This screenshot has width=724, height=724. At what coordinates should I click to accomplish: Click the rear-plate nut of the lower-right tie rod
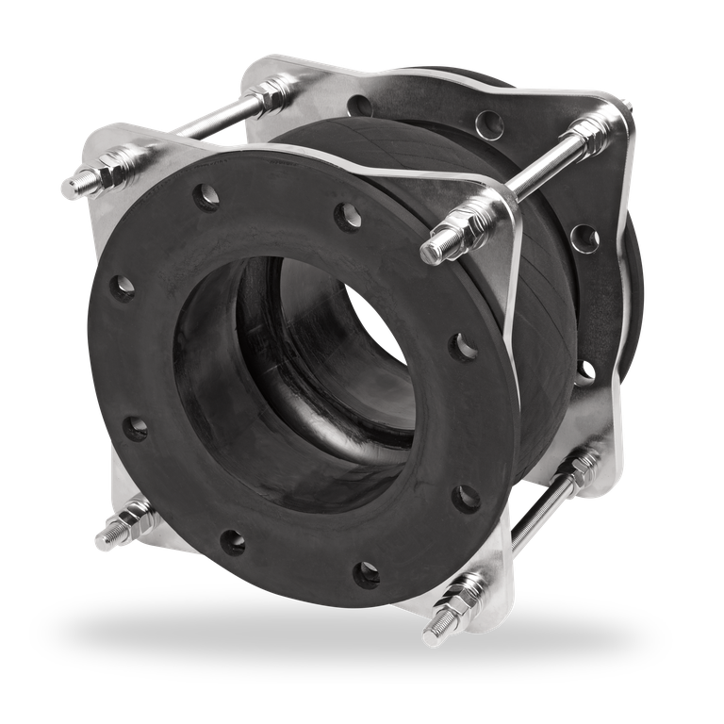[584, 463]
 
